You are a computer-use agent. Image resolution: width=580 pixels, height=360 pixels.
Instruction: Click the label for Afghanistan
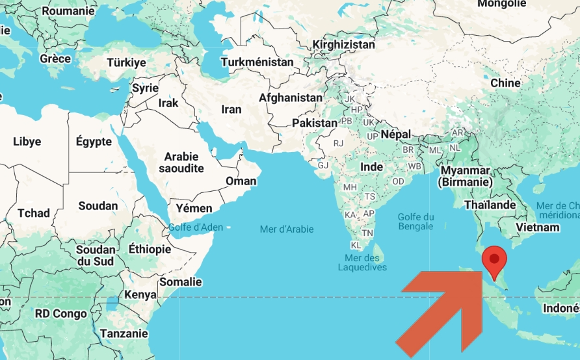click(291, 97)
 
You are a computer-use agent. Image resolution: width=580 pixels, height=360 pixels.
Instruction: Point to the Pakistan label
click(315, 123)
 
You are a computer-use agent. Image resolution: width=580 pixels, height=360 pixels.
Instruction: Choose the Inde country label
click(372, 167)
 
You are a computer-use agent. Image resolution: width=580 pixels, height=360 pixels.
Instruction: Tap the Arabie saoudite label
click(184, 162)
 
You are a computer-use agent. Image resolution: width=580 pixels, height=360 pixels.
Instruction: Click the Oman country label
click(241, 181)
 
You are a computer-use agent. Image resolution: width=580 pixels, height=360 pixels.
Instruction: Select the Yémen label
click(194, 208)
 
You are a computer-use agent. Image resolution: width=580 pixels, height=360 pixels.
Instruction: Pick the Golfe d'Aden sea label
click(196, 227)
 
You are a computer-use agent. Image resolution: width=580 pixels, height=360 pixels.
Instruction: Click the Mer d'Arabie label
click(286, 229)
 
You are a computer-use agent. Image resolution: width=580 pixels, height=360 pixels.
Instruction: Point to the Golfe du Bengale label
click(415, 222)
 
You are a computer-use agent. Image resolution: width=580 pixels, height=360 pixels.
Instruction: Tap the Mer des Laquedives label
click(362, 263)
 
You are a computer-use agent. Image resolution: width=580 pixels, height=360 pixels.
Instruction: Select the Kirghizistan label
click(343, 45)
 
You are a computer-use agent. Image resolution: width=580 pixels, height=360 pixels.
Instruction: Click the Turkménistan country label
click(257, 62)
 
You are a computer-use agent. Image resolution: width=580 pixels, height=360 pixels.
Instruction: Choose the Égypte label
click(94, 142)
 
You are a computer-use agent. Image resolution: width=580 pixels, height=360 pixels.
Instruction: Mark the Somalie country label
click(180, 282)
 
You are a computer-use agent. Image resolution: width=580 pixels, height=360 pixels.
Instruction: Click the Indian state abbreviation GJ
click(323, 165)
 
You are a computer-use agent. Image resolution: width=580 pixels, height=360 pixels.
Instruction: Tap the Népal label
click(395, 134)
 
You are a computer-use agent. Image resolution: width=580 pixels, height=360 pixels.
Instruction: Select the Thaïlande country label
click(490, 205)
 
